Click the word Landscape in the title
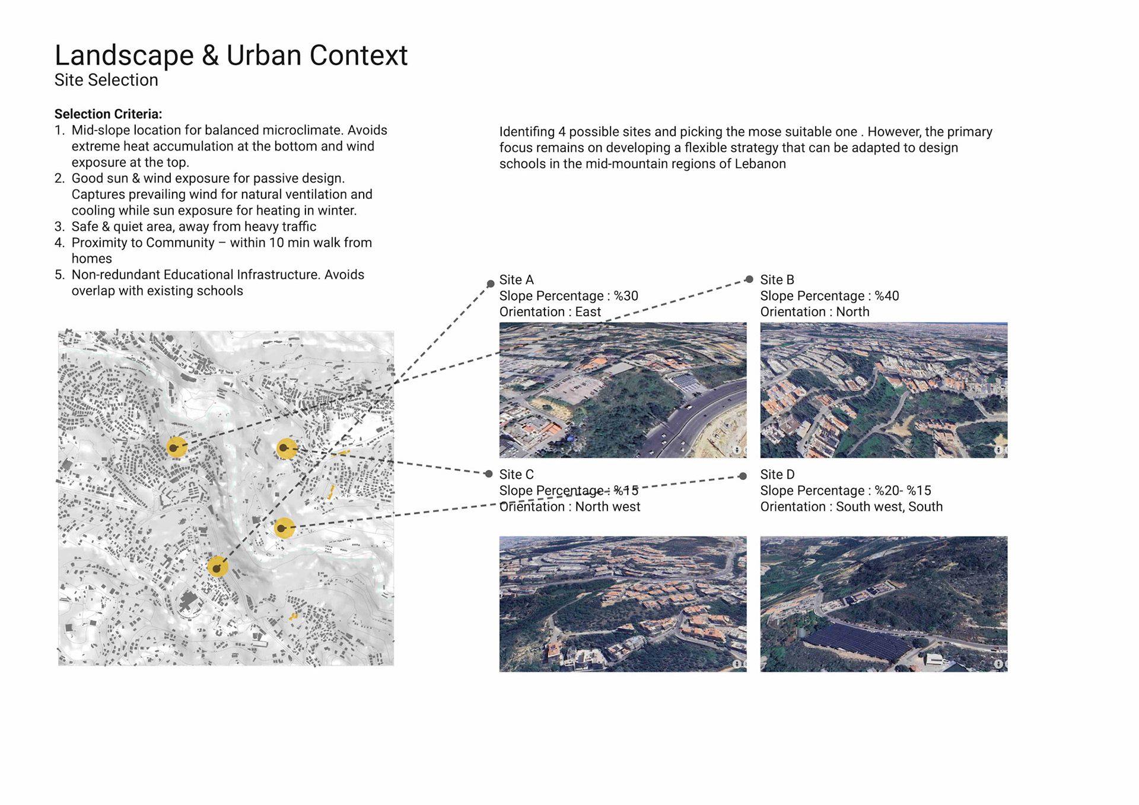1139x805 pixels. pos(124,56)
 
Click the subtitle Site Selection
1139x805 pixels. pos(106,80)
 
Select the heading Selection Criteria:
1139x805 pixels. pos(108,114)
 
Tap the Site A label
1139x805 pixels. pos(516,279)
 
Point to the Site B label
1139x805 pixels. pos(777,279)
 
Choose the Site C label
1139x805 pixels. pos(516,475)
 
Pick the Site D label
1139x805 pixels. pos(777,475)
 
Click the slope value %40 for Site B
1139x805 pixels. pos(887,296)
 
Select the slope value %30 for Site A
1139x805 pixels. pos(626,296)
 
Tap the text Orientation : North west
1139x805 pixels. pos(569,507)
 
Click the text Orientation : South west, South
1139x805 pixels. pos(851,507)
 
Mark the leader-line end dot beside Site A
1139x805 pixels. pos(491,284)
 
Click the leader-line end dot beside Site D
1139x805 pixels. pos(743,476)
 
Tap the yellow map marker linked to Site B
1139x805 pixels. pos(176,447)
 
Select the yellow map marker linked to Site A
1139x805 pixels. pos(218,567)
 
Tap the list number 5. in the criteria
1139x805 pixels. pos(59,275)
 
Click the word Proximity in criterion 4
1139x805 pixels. pos(98,243)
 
